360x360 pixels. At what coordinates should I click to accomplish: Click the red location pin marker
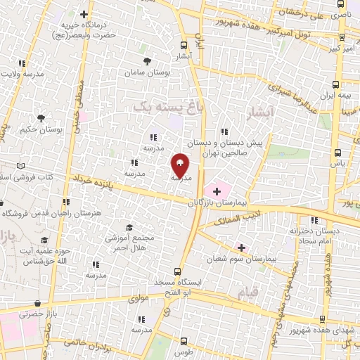pyautogui.click(x=179, y=165)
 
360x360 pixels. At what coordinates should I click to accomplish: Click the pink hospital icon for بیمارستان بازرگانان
pyautogui.click(x=217, y=190)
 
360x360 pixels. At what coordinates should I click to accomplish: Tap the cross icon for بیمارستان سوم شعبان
pyautogui.click(x=241, y=247)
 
